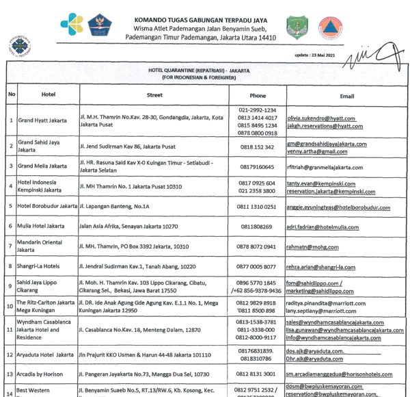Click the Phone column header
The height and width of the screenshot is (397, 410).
[258, 95]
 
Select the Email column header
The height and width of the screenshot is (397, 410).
[346, 95]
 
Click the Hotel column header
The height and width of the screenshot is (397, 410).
[48, 95]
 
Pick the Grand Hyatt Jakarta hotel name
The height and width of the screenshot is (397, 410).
[42, 120]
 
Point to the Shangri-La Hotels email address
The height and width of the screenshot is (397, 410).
[322, 267]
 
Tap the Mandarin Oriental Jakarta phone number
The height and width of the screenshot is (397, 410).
[257, 246]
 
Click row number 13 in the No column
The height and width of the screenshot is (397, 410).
[11, 374]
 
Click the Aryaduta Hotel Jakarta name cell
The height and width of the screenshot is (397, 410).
[45, 354]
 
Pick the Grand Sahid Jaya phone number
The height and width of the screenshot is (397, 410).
[257, 146]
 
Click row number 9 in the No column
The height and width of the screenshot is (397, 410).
[11, 286]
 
